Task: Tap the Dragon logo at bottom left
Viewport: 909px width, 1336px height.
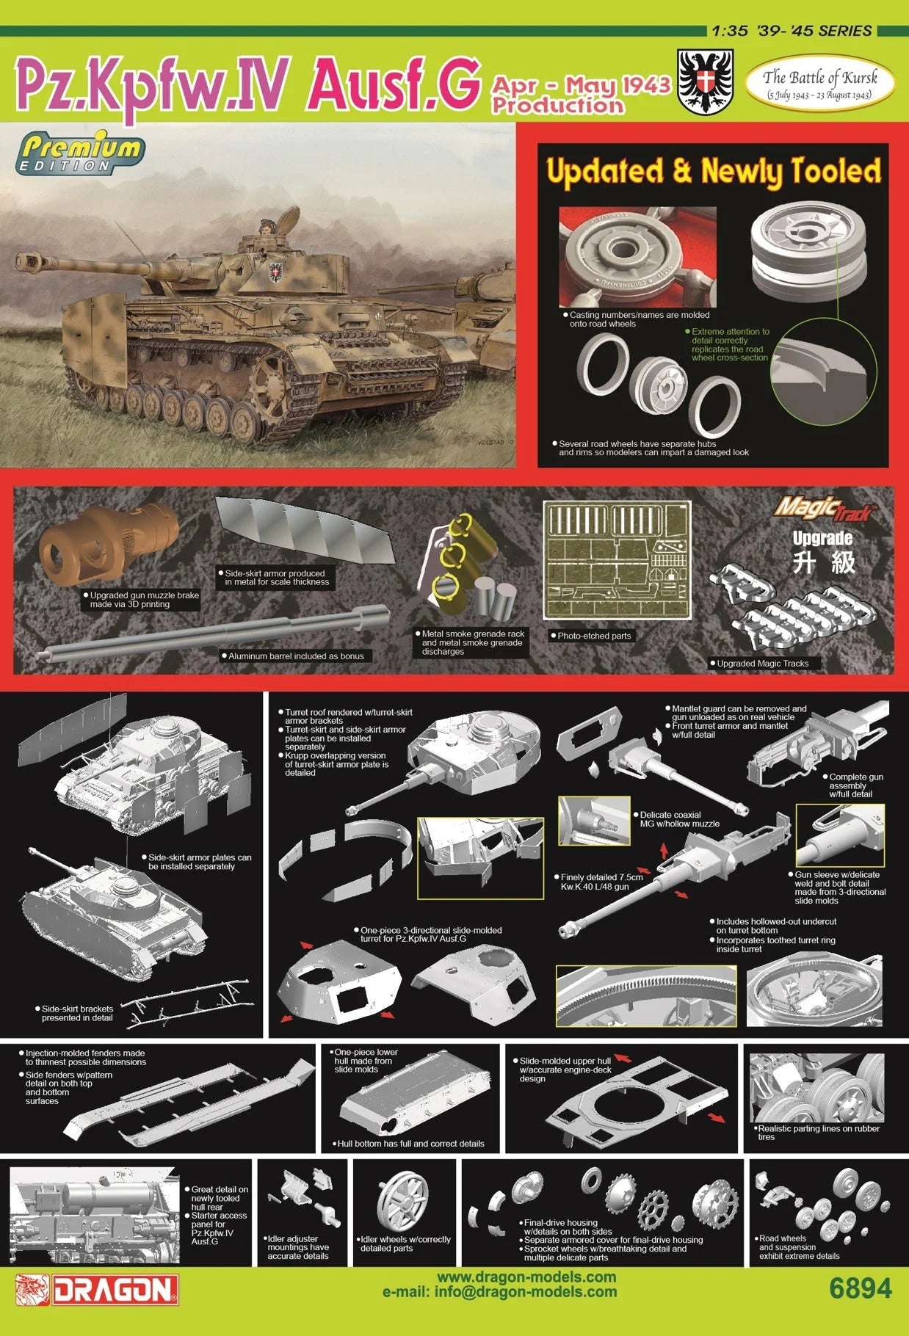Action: (97, 1290)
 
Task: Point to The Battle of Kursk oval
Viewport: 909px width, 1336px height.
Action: (819, 84)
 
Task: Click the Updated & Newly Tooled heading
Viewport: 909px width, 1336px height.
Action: (713, 171)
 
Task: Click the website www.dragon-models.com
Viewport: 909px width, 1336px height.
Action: (526, 1277)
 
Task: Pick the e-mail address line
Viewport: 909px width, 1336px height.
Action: (499, 1292)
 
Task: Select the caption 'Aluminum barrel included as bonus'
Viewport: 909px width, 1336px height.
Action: (296, 656)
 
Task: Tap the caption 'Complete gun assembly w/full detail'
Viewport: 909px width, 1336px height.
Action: (856, 785)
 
